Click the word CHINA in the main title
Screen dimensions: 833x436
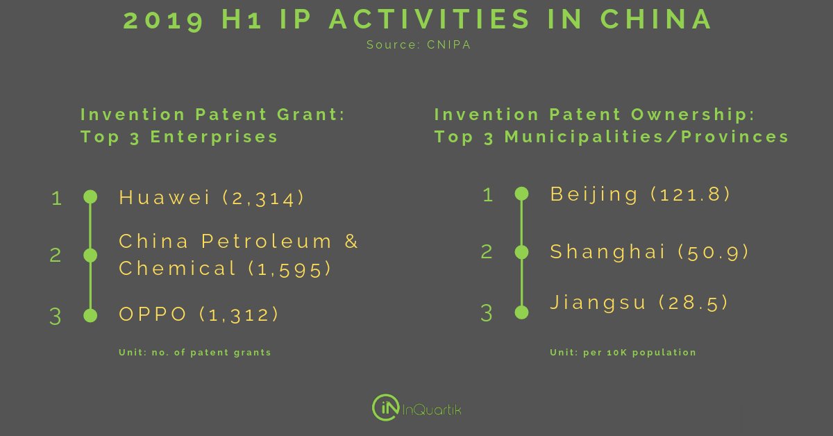(x=656, y=19)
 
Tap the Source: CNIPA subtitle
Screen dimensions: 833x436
(x=419, y=44)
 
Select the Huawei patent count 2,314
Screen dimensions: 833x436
(x=263, y=198)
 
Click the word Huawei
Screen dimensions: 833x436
(x=165, y=197)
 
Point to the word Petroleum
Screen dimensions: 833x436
(x=267, y=242)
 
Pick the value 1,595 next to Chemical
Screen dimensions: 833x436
(x=289, y=269)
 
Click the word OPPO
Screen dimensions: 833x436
(x=153, y=314)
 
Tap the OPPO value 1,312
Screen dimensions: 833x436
(x=239, y=315)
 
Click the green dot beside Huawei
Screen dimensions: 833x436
(x=90, y=196)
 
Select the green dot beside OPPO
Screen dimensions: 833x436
(x=90, y=315)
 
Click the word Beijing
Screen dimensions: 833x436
(x=594, y=195)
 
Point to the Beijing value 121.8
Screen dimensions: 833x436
(x=691, y=194)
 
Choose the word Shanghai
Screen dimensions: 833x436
(x=607, y=253)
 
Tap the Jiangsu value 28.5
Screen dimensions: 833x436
(x=693, y=303)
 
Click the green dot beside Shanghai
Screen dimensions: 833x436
(x=522, y=252)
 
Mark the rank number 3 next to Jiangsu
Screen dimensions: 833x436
(x=487, y=313)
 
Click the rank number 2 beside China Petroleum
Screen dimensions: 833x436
(x=56, y=255)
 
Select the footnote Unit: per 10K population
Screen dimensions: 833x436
(x=623, y=353)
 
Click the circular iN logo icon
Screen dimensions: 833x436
(x=387, y=408)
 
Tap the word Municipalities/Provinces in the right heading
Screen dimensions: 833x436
(x=647, y=137)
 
